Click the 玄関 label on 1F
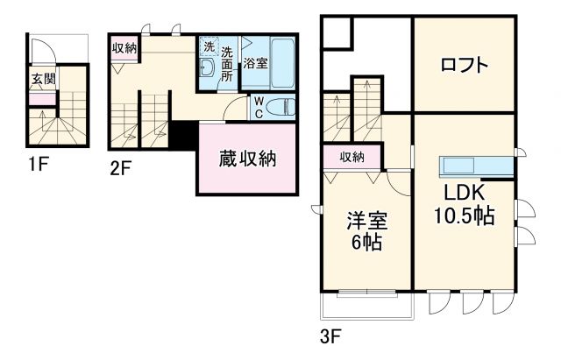click(42, 79)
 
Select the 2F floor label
click(120, 169)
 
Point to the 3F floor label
click(330, 334)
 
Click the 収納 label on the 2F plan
click(124, 47)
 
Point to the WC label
click(259, 106)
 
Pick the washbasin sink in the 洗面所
click(208, 68)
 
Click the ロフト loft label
click(465, 66)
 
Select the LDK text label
click(463, 192)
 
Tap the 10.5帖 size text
click(465, 216)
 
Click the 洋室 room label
click(366, 219)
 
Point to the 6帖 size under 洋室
click(366, 243)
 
